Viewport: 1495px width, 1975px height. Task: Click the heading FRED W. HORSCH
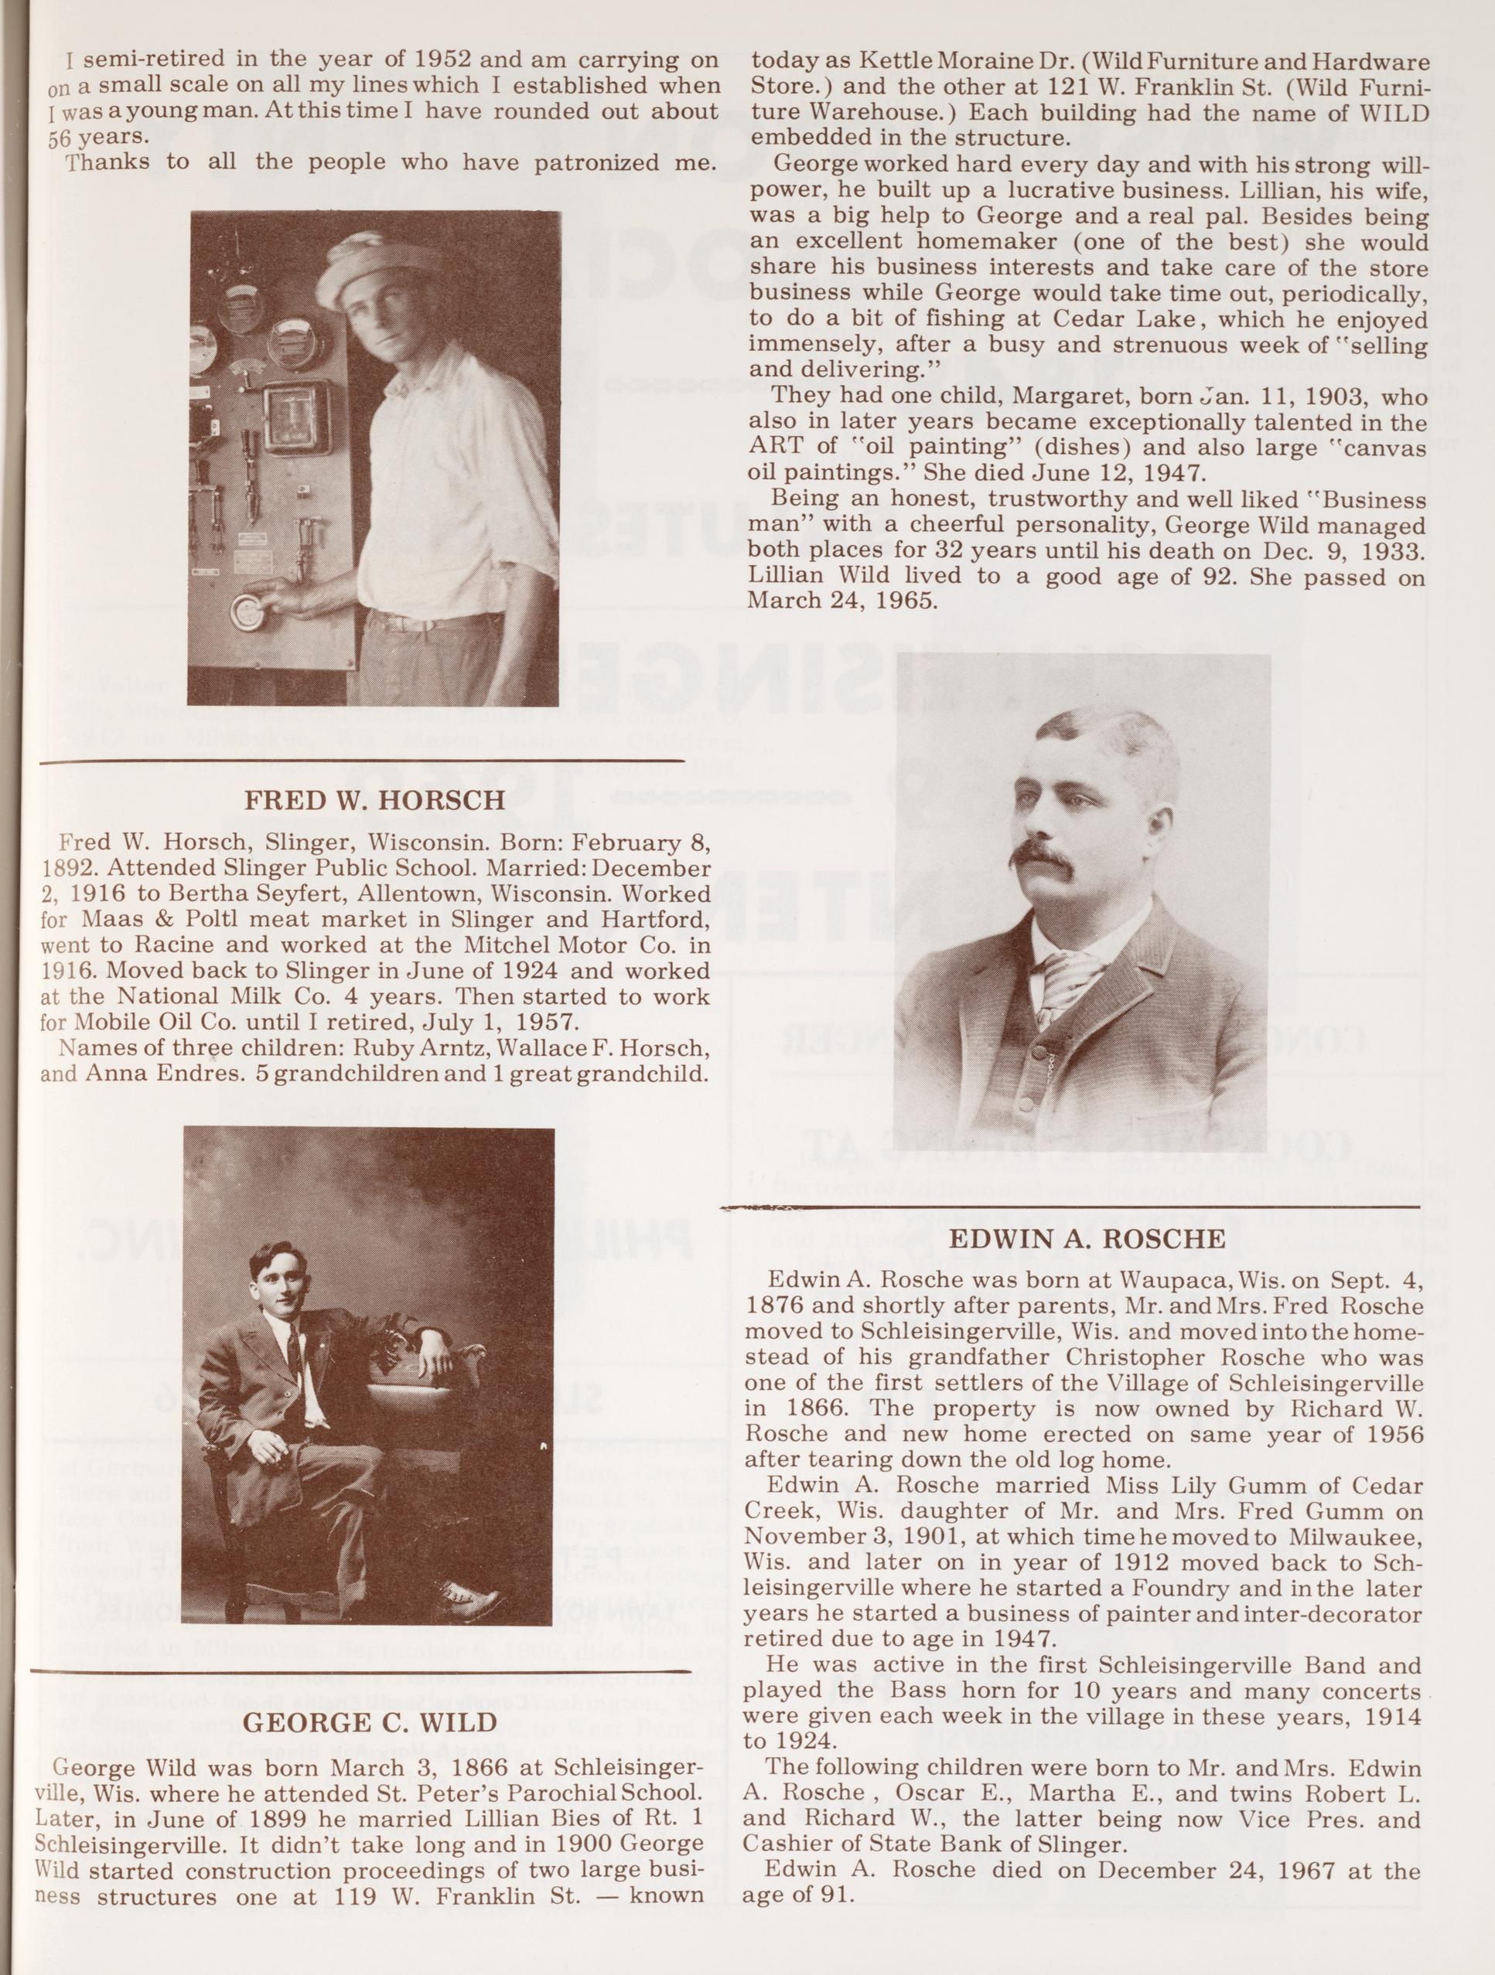point(374,799)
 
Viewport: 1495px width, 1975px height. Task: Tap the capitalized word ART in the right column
point(774,448)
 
